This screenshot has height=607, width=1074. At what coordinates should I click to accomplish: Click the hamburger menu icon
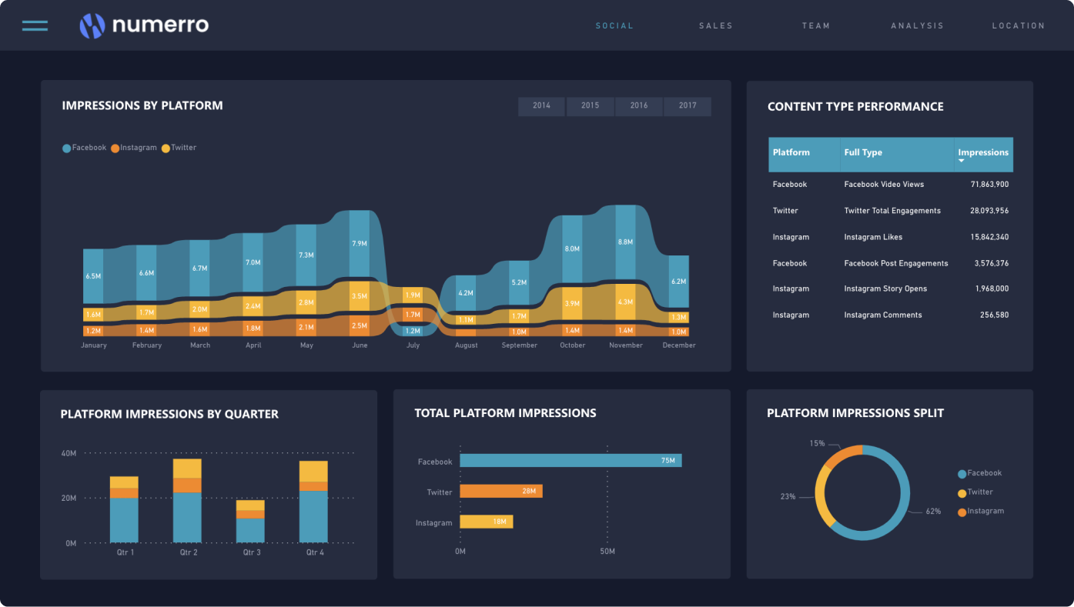35,25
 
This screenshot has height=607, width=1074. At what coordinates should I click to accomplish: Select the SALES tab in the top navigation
715,25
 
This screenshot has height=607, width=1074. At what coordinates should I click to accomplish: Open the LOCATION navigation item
1018,25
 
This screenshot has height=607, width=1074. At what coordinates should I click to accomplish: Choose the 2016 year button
639,105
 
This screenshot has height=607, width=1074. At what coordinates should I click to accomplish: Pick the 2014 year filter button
541,105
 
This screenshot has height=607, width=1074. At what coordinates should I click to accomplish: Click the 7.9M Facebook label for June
360,243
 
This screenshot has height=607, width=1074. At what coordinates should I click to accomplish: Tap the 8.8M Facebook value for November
625,242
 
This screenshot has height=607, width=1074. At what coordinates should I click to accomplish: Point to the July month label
413,345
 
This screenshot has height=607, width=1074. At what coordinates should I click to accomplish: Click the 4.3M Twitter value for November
625,302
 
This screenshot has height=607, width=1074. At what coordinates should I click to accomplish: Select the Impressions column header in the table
983,153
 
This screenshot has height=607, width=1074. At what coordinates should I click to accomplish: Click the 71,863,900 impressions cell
989,185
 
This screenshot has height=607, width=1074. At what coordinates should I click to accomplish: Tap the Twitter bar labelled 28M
501,491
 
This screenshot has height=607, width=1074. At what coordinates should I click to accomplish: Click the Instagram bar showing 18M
486,522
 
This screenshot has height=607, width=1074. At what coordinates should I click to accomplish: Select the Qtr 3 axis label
252,552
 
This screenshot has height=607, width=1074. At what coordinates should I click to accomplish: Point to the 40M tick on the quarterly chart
69,453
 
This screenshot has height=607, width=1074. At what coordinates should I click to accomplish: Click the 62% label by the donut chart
933,512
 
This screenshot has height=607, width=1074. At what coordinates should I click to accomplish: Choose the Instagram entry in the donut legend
985,511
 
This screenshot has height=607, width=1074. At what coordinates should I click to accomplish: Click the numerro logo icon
92,25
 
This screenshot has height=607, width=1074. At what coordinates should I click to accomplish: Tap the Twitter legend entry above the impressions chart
182,148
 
